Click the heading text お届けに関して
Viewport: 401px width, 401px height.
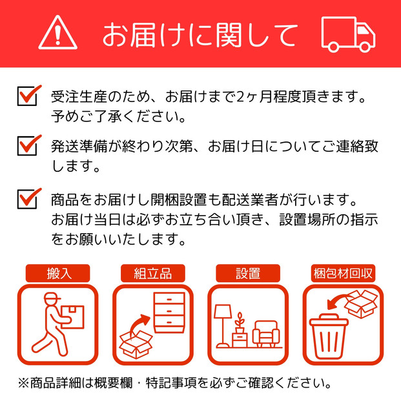coord(200,34)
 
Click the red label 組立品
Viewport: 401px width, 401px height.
coord(154,273)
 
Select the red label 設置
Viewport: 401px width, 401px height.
coord(248,273)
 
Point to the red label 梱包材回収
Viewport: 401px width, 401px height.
coord(342,273)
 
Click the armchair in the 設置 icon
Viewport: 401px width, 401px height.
coord(266,333)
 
